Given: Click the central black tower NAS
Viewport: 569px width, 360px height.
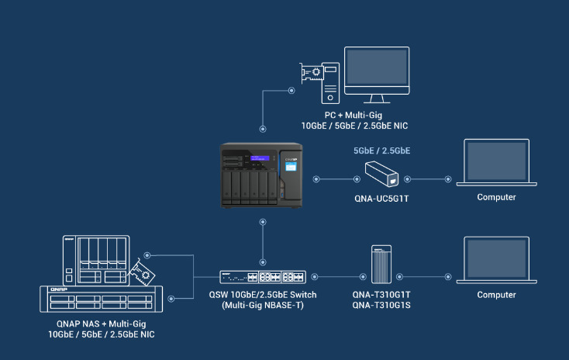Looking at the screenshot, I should click(259, 175).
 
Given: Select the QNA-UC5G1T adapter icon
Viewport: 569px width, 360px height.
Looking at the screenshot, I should click(381, 173).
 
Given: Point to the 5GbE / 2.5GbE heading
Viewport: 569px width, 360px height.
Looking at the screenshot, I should click(381, 151).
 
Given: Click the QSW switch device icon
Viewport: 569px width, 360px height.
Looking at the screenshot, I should click(263, 277).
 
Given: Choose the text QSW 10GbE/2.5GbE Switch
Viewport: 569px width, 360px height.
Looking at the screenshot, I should click(263, 295).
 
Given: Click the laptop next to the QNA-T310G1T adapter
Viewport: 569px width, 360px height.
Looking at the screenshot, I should click(496, 260).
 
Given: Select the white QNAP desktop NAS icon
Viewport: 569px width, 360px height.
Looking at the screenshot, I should click(94, 259).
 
